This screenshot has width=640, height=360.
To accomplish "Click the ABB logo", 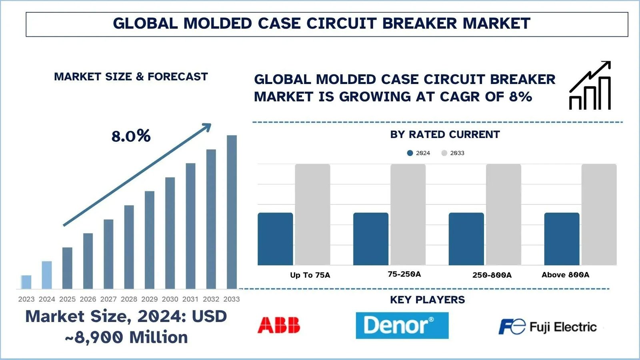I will pyautogui.click(x=279, y=325).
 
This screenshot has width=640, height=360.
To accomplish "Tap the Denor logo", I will pyautogui.click(x=402, y=325).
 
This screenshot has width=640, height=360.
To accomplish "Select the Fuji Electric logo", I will pyautogui.click(x=547, y=327).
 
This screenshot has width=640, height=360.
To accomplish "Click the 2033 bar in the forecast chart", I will pyautogui.click(x=232, y=212).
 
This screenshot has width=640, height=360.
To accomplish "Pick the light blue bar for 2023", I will pyautogui.click(x=26, y=282).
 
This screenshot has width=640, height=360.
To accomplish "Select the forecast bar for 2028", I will pyautogui.click(x=129, y=247).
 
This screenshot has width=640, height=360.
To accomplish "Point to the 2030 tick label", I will pyautogui.click(x=170, y=299).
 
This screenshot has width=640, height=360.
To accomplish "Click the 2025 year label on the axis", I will pyautogui.click(x=67, y=299).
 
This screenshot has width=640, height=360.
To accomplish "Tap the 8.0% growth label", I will pyautogui.click(x=131, y=136).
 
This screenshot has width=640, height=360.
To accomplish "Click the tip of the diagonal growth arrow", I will pyautogui.click(x=210, y=125).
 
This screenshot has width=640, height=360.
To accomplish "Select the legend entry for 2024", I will pyautogui.click(x=418, y=153).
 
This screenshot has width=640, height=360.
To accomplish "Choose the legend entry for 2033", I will pyautogui.click(x=453, y=153).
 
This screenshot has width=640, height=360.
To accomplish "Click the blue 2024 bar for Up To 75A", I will pyautogui.click(x=275, y=239).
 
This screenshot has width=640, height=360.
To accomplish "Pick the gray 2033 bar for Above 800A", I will pyautogui.click(x=599, y=214).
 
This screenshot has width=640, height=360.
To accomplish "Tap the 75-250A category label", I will pyautogui.click(x=404, y=274).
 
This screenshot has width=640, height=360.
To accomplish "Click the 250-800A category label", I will pyautogui.click(x=492, y=275).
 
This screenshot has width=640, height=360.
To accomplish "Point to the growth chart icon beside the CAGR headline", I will pyautogui.click(x=590, y=86).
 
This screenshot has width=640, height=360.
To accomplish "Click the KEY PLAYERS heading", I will pyautogui.click(x=427, y=300).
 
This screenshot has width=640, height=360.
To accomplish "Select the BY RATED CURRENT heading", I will pyautogui.click(x=445, y=134).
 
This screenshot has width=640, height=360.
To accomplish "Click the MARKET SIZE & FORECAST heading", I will pyautogui.click(x=131, y=76).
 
